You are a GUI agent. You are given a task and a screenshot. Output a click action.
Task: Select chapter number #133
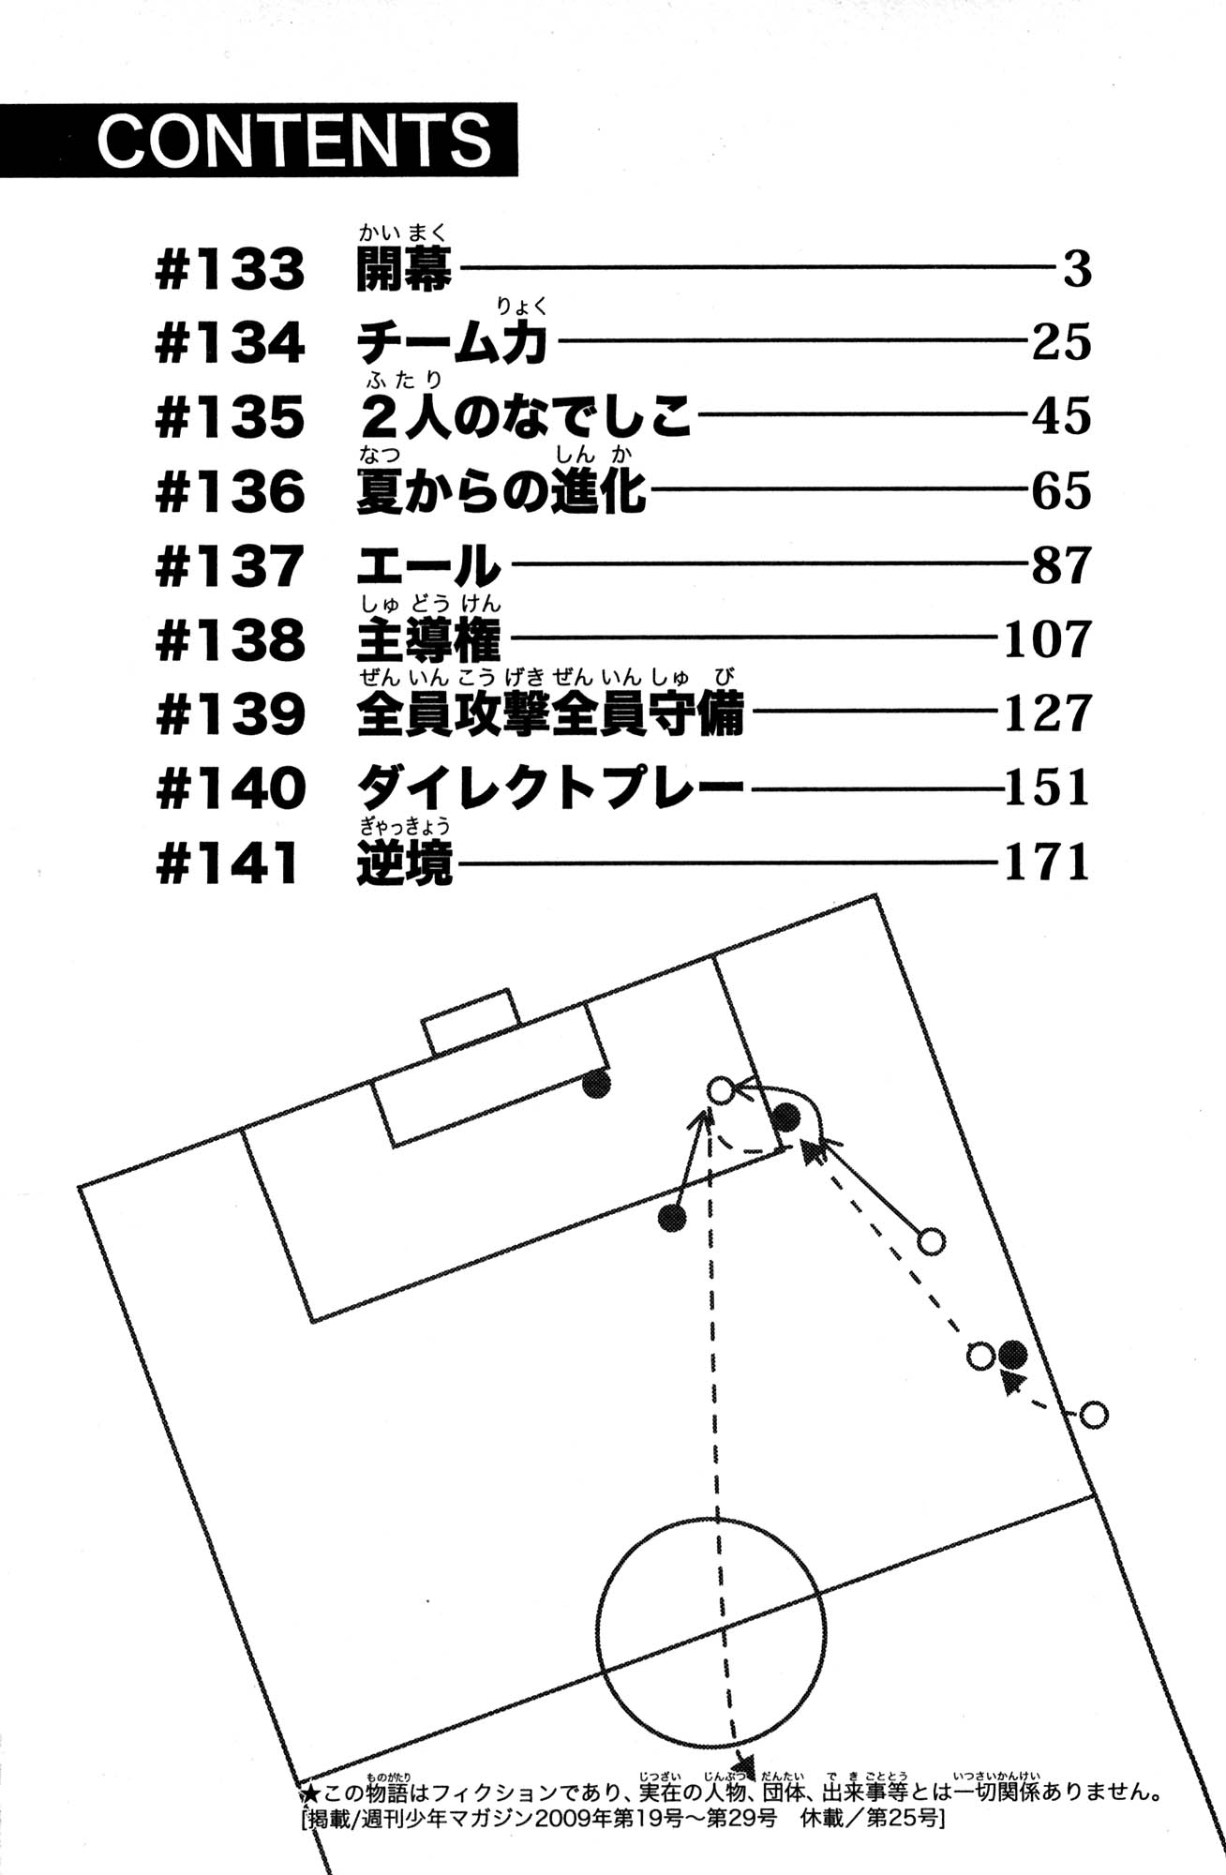pyautogui.click(x=230, y=270)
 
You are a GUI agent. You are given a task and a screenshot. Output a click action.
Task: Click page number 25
pyautogui.click(x=1061, y=343)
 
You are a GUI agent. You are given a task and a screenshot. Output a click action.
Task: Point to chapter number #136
pyautogui.click(x=230, y=492)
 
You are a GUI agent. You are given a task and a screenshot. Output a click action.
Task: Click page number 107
pyautogui.click(x=1047, y=640)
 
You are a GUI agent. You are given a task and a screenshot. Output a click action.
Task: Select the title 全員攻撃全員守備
pyautogui.click(x=550, y=714)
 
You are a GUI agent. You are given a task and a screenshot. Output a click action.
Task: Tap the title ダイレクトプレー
pyautogui.click(x=550, y=788)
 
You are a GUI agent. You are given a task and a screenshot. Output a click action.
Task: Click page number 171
pyautogui.click(x=1047, y=862)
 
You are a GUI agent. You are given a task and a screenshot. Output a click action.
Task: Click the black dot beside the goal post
pyautogui.click(x=596, y=1084)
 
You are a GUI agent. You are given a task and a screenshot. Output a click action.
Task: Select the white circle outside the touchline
pyautogui.click(x=1093, y=1414)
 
